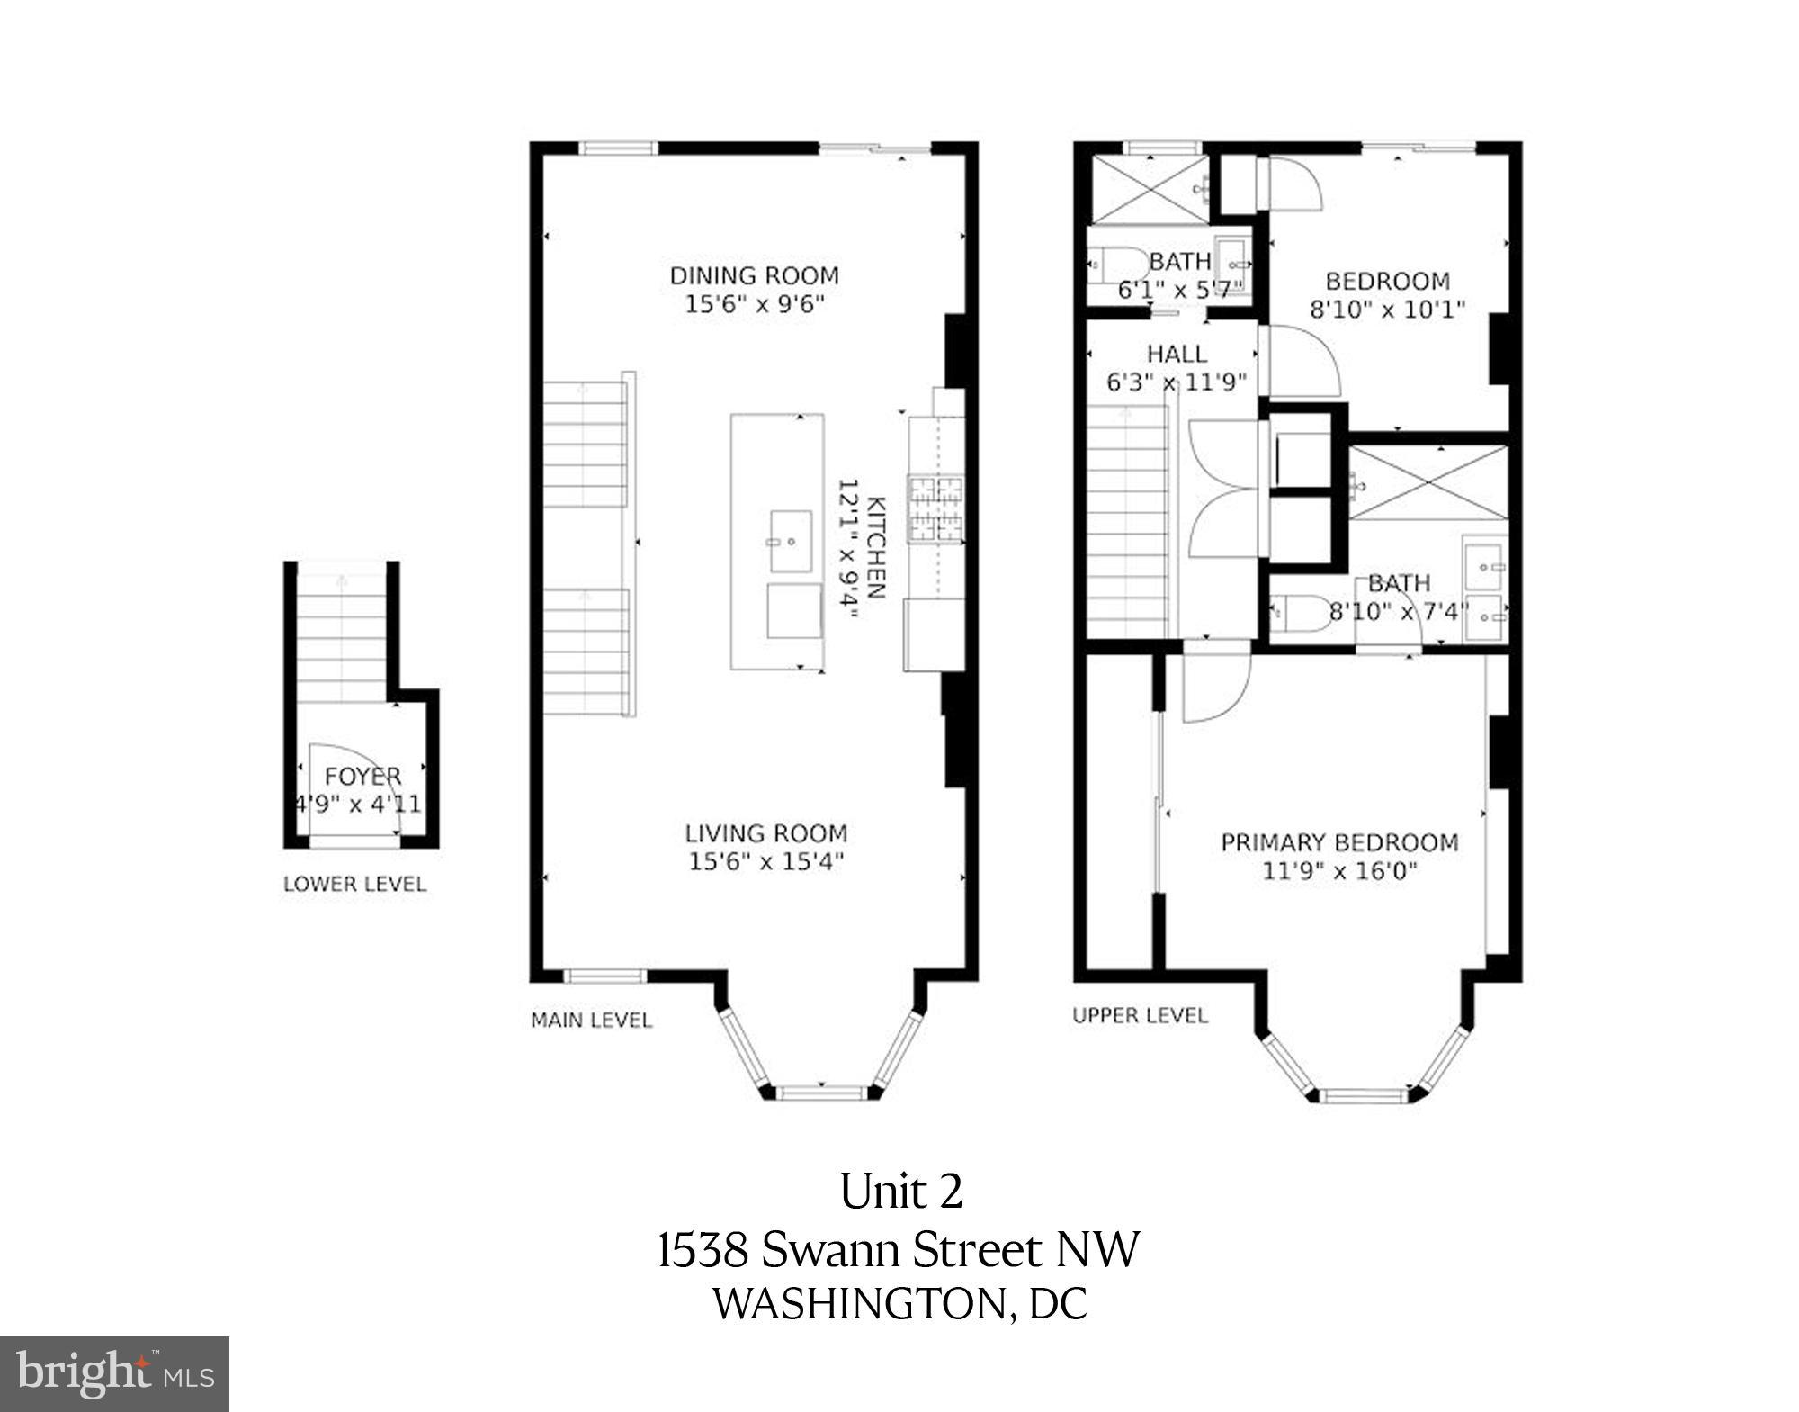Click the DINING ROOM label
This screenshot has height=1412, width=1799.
[x=754, y=275]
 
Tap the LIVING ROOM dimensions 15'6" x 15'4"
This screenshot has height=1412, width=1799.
[x=765, y=862]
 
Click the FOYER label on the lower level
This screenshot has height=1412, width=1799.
[x=362, y=776]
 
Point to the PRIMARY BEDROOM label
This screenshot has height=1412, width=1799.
[x=1338, y=842]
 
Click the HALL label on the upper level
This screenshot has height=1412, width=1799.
[x=1177, y=354]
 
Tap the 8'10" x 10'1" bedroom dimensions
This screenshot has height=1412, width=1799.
[x=1387, y=310]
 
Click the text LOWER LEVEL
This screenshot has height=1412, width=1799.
[x=354, y=884]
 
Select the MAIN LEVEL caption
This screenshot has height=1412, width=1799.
[x=591, y=1020]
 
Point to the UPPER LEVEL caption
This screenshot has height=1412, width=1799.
[x=1139, y=1015]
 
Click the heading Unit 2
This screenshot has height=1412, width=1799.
[x=900, y=1192]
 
